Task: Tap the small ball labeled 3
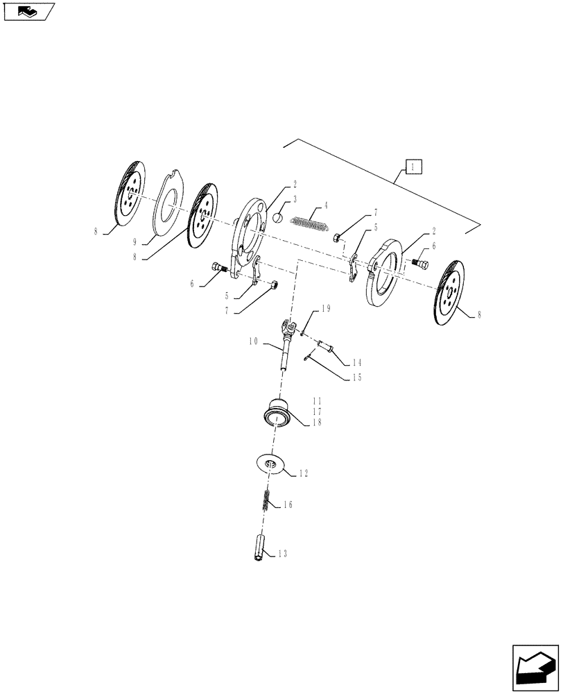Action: tap(277, 217)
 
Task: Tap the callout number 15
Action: tap(356, 378)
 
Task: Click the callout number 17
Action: tap(316, 411)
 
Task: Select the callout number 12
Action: tap(302, 473)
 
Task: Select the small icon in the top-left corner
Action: tap(28, 11)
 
